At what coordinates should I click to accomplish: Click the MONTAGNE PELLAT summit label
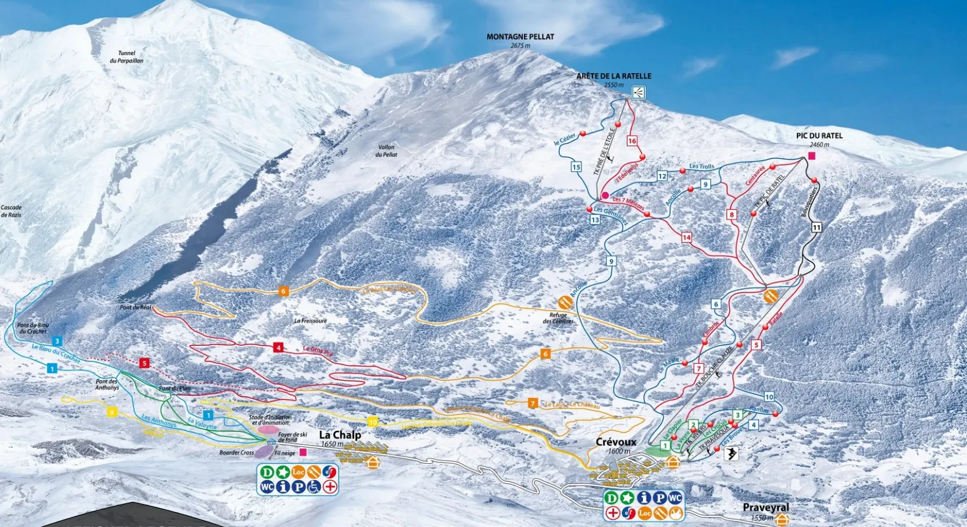520,37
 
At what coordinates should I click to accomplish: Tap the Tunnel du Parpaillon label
126,57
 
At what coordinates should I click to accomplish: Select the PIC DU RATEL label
819,136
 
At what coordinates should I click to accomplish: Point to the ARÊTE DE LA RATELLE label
614,76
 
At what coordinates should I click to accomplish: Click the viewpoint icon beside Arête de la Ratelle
638,93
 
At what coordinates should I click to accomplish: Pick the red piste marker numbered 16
632,141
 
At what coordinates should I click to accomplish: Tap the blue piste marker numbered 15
576,167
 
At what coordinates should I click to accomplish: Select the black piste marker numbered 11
816,228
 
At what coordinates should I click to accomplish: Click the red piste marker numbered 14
687,237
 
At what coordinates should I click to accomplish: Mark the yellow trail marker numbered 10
373,421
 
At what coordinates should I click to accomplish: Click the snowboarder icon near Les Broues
731,454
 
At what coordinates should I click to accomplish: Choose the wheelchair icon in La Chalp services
314,486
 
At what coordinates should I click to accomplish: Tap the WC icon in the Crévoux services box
674,498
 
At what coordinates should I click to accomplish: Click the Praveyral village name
766,508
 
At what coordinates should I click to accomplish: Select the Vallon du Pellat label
387,151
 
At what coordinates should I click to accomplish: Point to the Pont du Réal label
136,308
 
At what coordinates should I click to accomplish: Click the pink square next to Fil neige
303,452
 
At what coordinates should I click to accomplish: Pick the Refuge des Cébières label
558,318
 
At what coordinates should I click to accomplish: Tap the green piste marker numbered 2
693,425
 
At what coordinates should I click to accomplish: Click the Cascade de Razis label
11,211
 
